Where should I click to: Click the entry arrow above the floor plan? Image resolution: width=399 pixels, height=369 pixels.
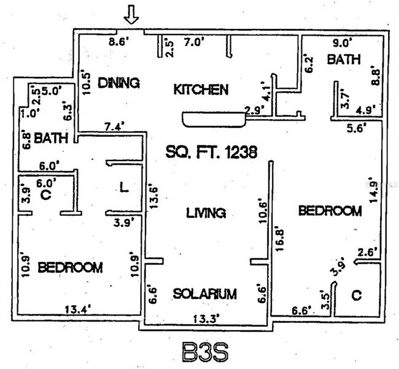coord(130,13)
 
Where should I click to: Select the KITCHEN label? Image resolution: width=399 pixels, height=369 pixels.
coord(201,90)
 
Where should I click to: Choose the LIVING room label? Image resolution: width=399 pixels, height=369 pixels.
coord(206,213)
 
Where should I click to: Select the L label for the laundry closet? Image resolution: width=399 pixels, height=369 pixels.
coord(123,189)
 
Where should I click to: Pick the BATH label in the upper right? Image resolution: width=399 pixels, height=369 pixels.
coord(343,60)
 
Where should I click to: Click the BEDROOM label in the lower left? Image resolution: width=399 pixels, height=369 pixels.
coord(69,268)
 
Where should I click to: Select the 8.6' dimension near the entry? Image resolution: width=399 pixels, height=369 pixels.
coord(120,42)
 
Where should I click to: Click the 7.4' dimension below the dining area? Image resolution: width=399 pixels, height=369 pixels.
coord(113,126)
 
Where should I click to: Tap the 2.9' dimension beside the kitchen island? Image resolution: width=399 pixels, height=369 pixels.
coord(252,110)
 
